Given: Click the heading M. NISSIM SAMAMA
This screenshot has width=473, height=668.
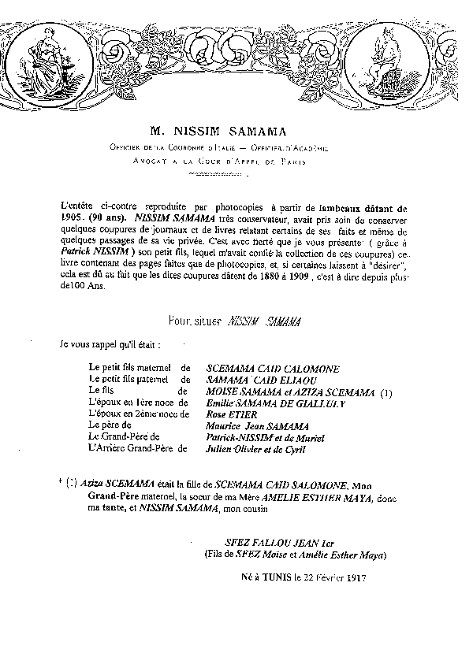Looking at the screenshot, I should pyautogui.click(x=219, y=131).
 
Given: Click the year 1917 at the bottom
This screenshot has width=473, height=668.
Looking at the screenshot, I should pyautogui.click(x=355, y=577).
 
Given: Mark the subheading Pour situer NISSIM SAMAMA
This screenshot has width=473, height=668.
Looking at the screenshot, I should pyautogui.click(x=235, y=321).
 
